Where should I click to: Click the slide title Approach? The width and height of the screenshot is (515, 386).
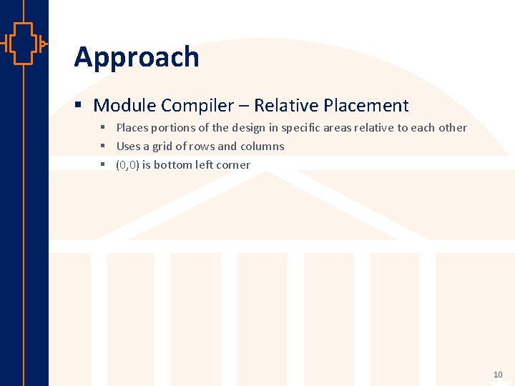[x=136, y=57]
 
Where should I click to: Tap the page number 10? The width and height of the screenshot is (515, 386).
[x=498, y=375]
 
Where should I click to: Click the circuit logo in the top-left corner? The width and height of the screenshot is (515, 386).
[x=24, y=44]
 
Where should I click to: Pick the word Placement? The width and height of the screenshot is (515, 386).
[x=366, y=106]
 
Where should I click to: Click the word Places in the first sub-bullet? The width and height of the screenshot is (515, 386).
[x=132, y=128]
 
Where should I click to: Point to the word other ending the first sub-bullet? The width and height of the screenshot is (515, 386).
[x=452, y=128]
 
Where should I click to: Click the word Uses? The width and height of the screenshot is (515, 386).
[x=129, y=147]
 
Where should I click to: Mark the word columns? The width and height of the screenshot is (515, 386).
[x=262, y=147]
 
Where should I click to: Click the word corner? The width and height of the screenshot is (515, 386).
[x=233, y=165]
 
